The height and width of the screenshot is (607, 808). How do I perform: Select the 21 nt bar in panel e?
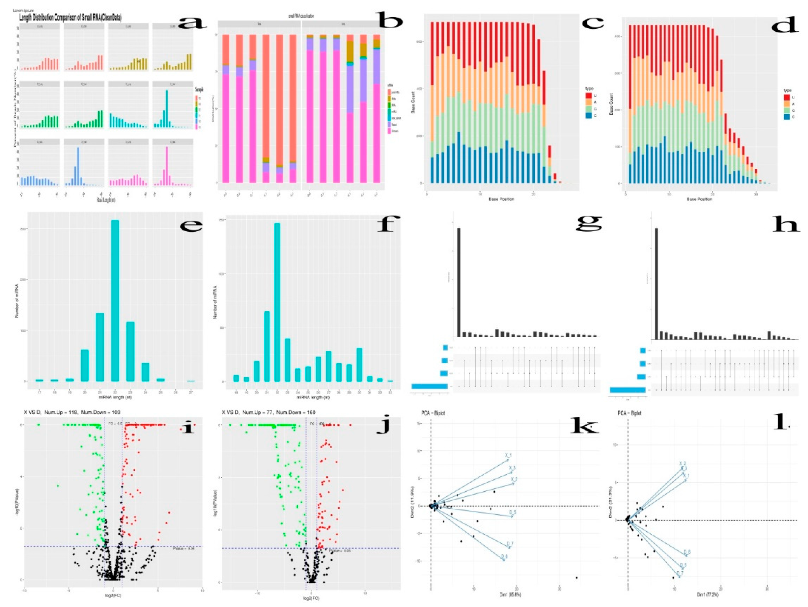(x=100, y=347)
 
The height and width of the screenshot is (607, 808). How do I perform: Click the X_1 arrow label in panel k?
(x=508, y=455)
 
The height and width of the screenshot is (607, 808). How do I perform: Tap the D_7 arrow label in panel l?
(x=680, y=573)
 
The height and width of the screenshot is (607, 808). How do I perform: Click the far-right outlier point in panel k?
(x=577, y=578)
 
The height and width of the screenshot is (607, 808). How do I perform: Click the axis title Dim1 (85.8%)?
(x=510, y=595)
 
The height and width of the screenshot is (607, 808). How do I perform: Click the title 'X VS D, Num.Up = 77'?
(x=268, y=412)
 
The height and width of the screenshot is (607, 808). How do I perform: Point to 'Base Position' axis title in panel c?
(x=501, y=199)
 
